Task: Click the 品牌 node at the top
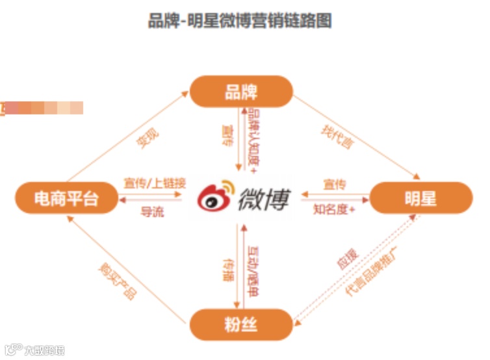(241, 92)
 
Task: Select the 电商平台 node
(66, 198)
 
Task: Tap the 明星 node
(420, 198)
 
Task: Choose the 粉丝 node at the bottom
(241, 323)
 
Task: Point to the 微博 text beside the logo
(264, 198)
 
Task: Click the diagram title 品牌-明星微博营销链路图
(240, 21)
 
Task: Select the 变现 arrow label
(148, 138)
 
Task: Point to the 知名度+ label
(334, 210)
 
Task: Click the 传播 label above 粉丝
(229, 268)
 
